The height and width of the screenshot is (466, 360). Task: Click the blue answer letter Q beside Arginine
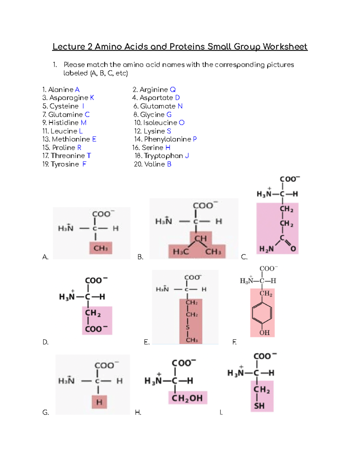tap(172, 90)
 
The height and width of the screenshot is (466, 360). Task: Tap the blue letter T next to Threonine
tap(89, 156)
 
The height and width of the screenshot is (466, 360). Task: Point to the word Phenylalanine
tap(167, 139)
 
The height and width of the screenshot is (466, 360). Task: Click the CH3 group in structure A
tap(100, 248)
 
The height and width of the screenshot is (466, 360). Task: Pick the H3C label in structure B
tap(181, 251)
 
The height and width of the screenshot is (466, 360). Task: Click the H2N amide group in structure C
tap(266, 249)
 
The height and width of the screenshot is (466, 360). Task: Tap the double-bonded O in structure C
tap(293, 249)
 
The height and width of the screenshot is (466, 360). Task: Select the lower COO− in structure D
tap(96, 329)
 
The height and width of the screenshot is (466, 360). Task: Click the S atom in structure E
tap(188, 327)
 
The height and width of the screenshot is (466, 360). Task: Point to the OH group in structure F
tap(264, 332)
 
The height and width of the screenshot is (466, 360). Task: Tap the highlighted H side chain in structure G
tap(99, 402)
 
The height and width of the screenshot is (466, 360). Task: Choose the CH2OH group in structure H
tap(187, 398)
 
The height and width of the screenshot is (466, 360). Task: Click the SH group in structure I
tap(259, 406)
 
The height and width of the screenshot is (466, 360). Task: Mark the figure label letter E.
tap(146, 342)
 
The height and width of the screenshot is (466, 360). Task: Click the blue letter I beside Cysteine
tap(83, 106)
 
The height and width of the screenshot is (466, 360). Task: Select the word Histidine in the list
tap(64, 123)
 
